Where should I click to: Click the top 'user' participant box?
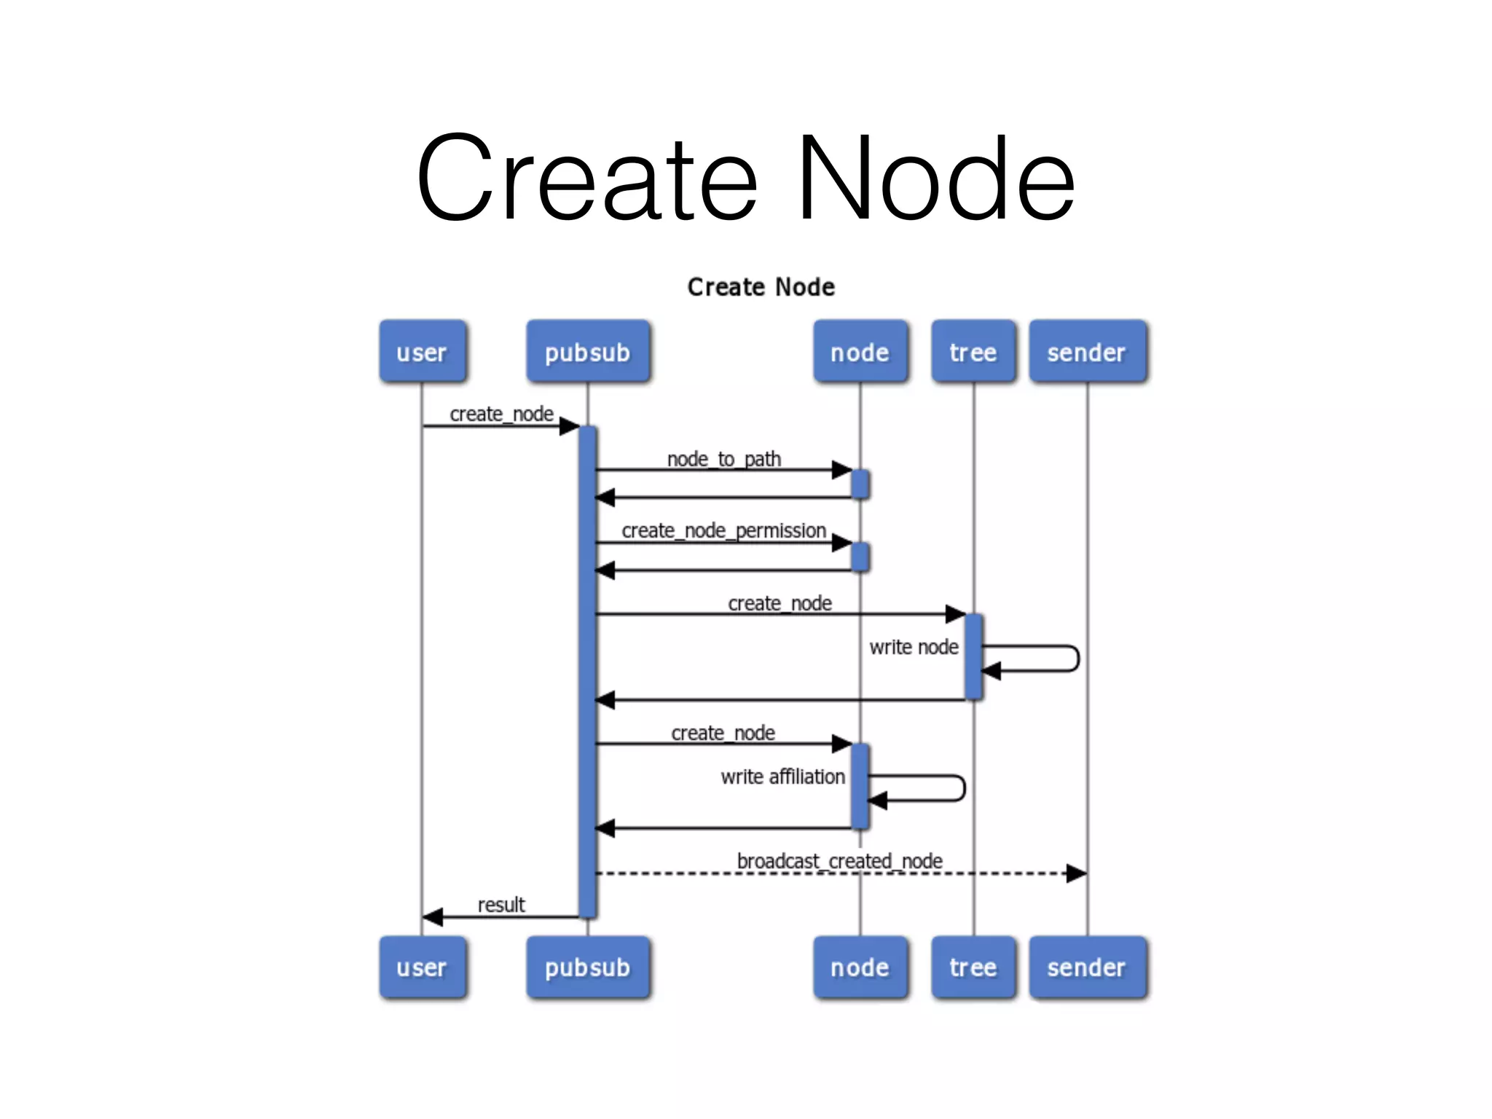[423, 352]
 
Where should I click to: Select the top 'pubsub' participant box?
[588, 352]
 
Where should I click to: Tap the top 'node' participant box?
[860, 352]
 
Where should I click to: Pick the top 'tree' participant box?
[973, 352]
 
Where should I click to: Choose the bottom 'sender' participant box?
[1088, 967]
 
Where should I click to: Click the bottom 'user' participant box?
[423, 967]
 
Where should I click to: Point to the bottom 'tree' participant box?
[973, 967]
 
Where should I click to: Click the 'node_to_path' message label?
[723, 459]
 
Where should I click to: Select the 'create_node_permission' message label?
[723, 530]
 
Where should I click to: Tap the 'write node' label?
[914, 647]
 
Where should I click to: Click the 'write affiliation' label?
[782, 777]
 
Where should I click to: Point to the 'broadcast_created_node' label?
[839, 861]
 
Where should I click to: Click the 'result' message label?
[501, 905]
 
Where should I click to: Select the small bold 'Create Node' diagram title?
[761, 287]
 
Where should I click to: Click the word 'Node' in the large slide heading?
[935, 178]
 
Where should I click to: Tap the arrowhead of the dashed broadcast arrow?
[1077, 873]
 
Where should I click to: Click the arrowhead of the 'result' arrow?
[433, 917]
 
